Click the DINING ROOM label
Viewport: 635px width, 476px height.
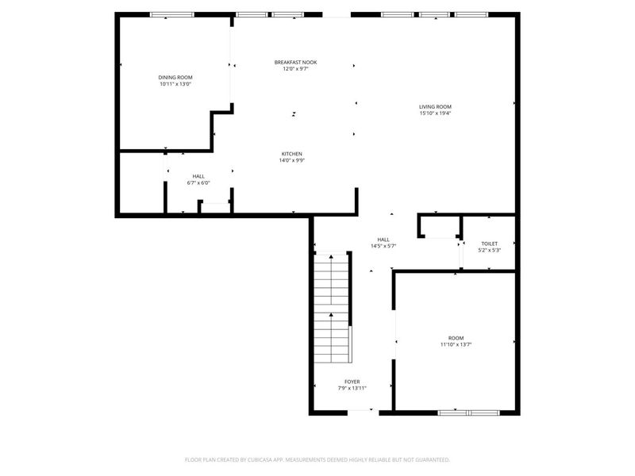175,77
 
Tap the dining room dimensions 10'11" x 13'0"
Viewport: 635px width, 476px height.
175,84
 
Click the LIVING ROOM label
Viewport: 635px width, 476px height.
435,106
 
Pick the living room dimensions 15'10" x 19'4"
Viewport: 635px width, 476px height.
435,113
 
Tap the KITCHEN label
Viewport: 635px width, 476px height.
291,154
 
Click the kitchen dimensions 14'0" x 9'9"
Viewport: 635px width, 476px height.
291,161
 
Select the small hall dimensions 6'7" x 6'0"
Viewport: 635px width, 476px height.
198,183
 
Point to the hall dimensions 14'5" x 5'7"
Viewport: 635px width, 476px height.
383,246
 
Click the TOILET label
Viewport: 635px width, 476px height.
489,244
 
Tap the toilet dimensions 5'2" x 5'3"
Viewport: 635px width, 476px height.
489,251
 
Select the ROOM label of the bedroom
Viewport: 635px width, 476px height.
456,337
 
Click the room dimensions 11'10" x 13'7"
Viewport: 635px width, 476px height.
456,344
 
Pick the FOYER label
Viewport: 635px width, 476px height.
352,382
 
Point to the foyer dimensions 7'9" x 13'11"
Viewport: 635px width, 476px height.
352,389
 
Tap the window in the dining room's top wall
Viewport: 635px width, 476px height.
172,14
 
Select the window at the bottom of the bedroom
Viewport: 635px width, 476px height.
468,413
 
